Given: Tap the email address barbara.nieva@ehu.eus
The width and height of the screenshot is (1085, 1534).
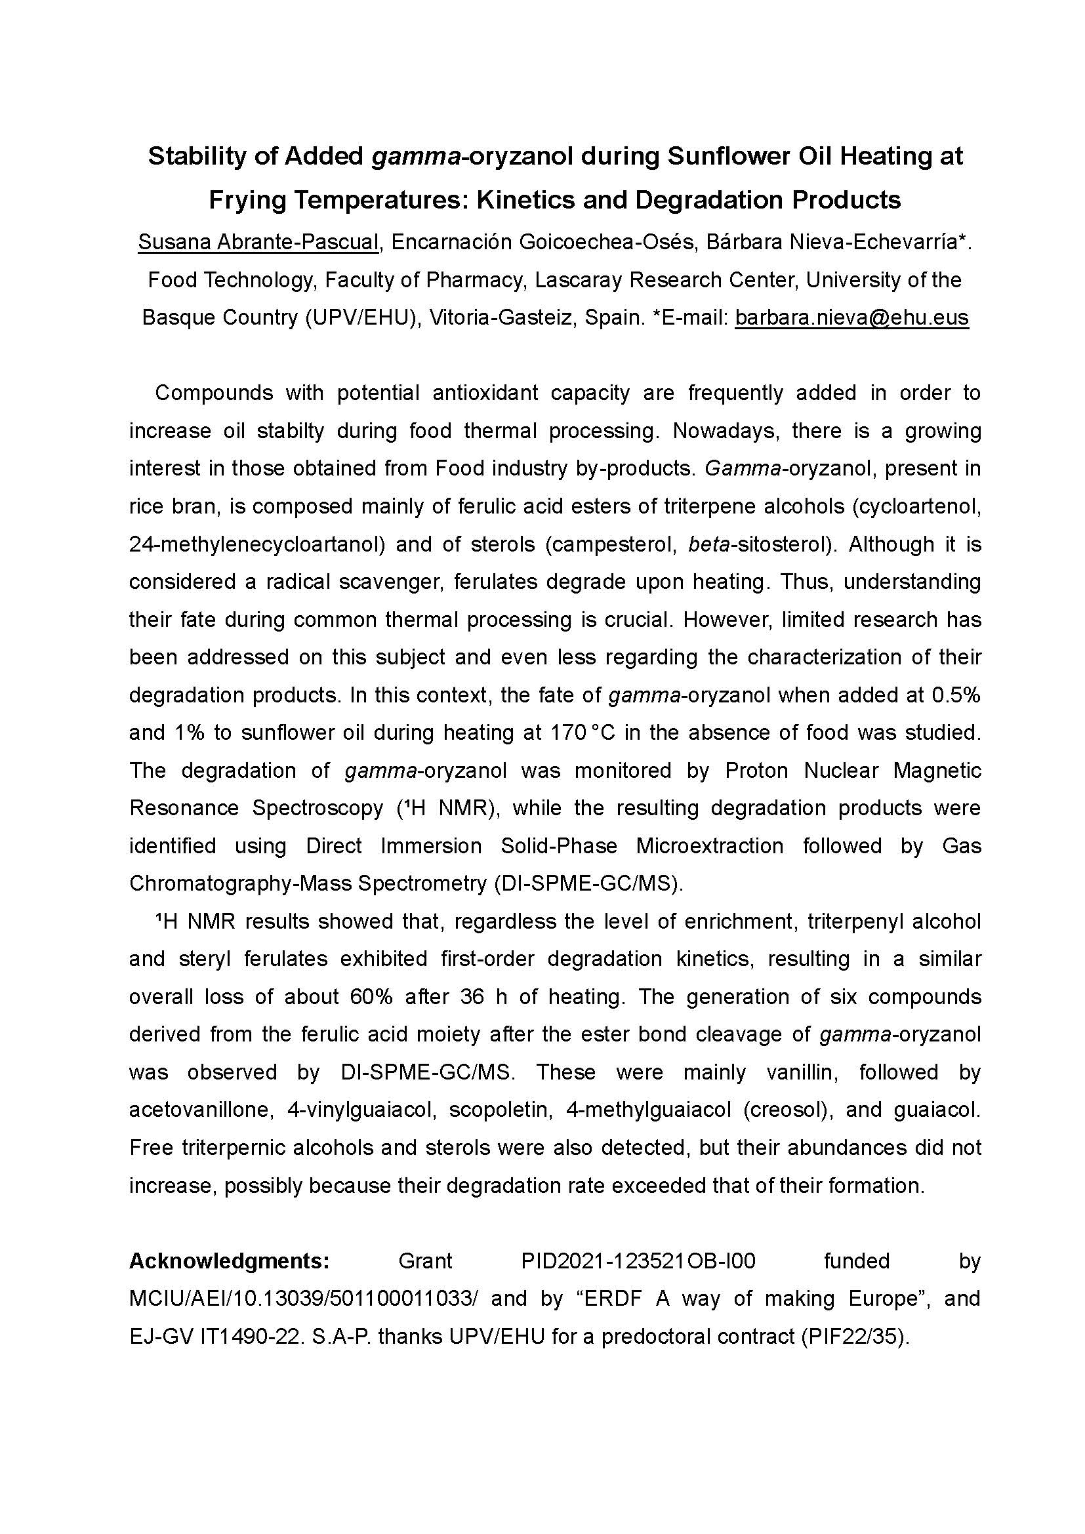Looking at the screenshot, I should point(852,317).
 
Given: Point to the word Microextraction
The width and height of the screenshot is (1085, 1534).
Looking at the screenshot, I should point(710,847).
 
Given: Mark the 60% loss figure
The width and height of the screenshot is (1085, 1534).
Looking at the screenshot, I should point(371,997).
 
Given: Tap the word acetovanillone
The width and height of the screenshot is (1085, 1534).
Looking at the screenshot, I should point(202,1110).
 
